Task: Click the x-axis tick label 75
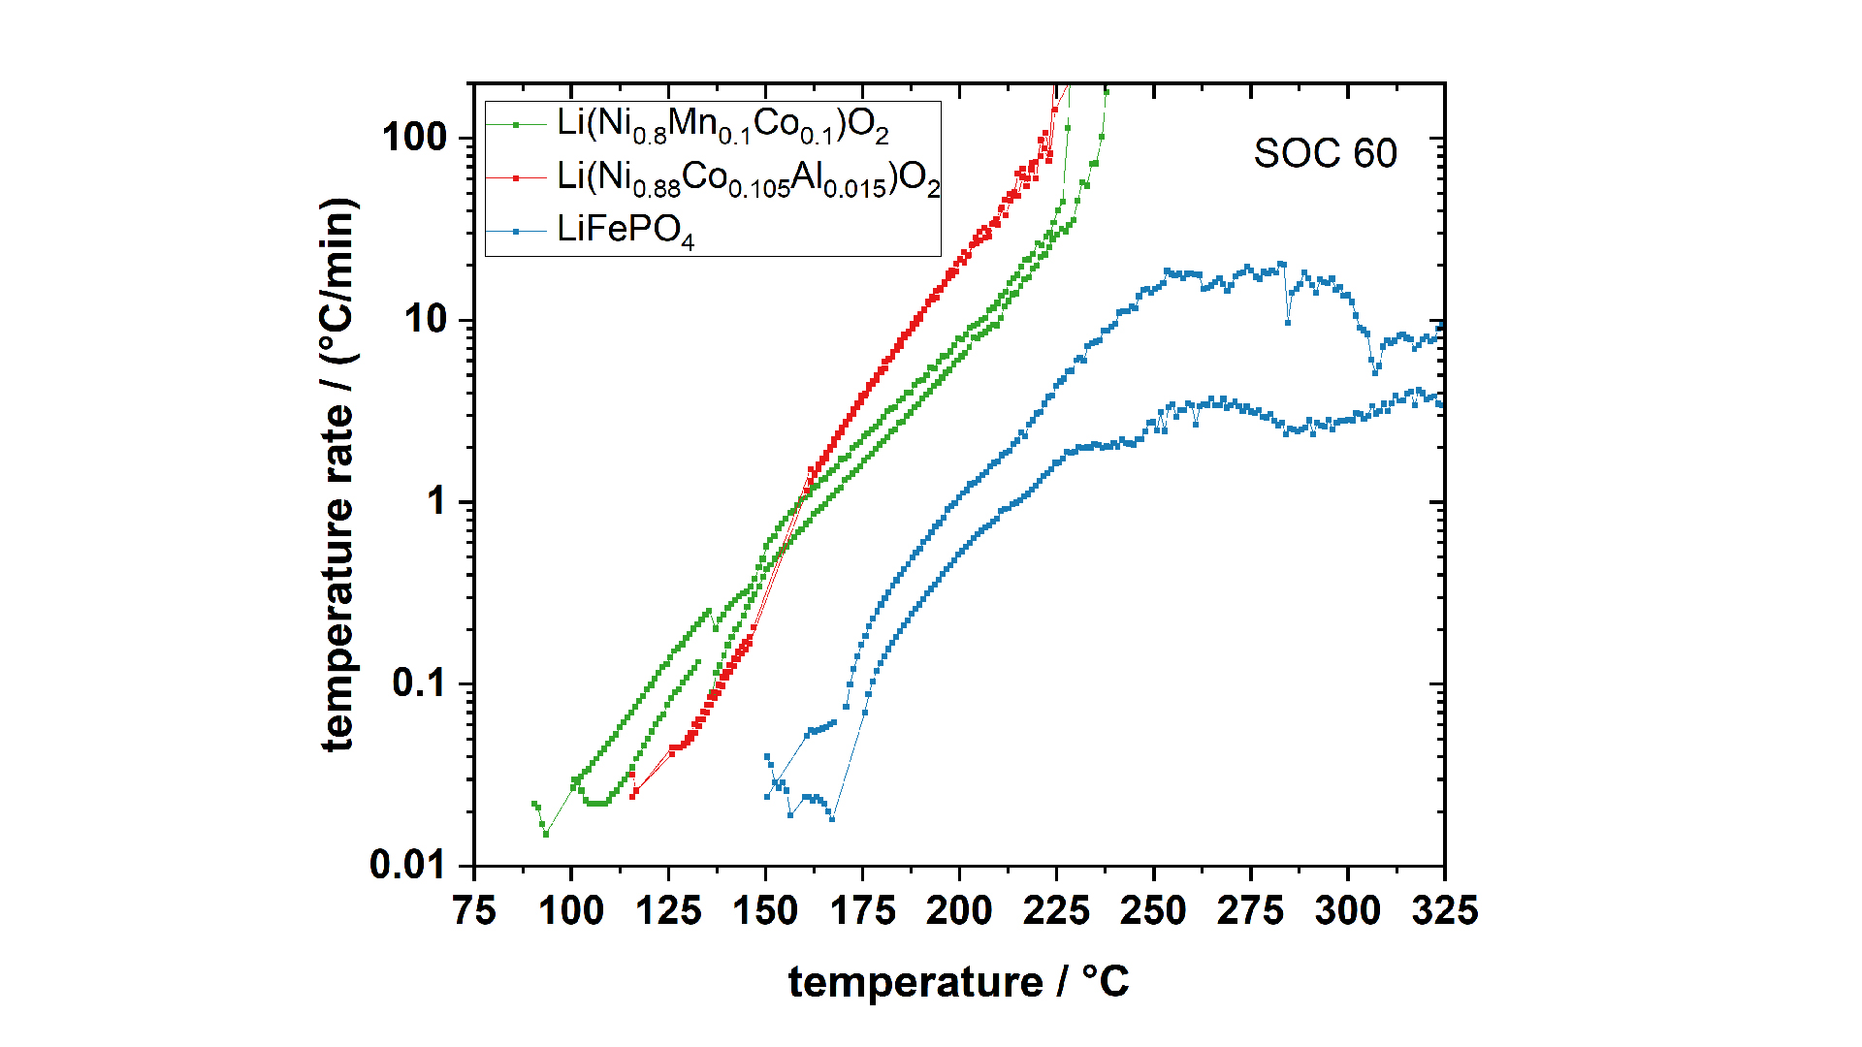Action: tap(474, 911)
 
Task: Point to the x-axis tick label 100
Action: tap(571, 911)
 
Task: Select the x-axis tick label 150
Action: tap(765, 911)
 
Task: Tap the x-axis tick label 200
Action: tap(959, 911)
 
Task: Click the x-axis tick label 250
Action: tap(1153, 911)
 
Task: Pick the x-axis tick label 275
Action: tap(1250, 911)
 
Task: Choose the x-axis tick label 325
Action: tap(1444, 911)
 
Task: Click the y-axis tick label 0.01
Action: tap(407, 865)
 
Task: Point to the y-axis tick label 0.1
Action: tap(419, 683)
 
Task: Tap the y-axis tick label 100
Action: tap(415, 138)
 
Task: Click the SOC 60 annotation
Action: tap(1325, 154)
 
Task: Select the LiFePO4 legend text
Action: tap(626, 231)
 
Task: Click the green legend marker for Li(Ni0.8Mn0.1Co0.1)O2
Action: tap(516, 124)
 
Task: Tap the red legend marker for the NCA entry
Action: tap(516, 177)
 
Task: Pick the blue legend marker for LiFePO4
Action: tap(516, 231)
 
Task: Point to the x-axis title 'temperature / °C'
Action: tap(958, 982)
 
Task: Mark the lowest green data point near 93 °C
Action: tap(546, 834)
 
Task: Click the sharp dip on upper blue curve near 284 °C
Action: tap(1288, 322)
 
